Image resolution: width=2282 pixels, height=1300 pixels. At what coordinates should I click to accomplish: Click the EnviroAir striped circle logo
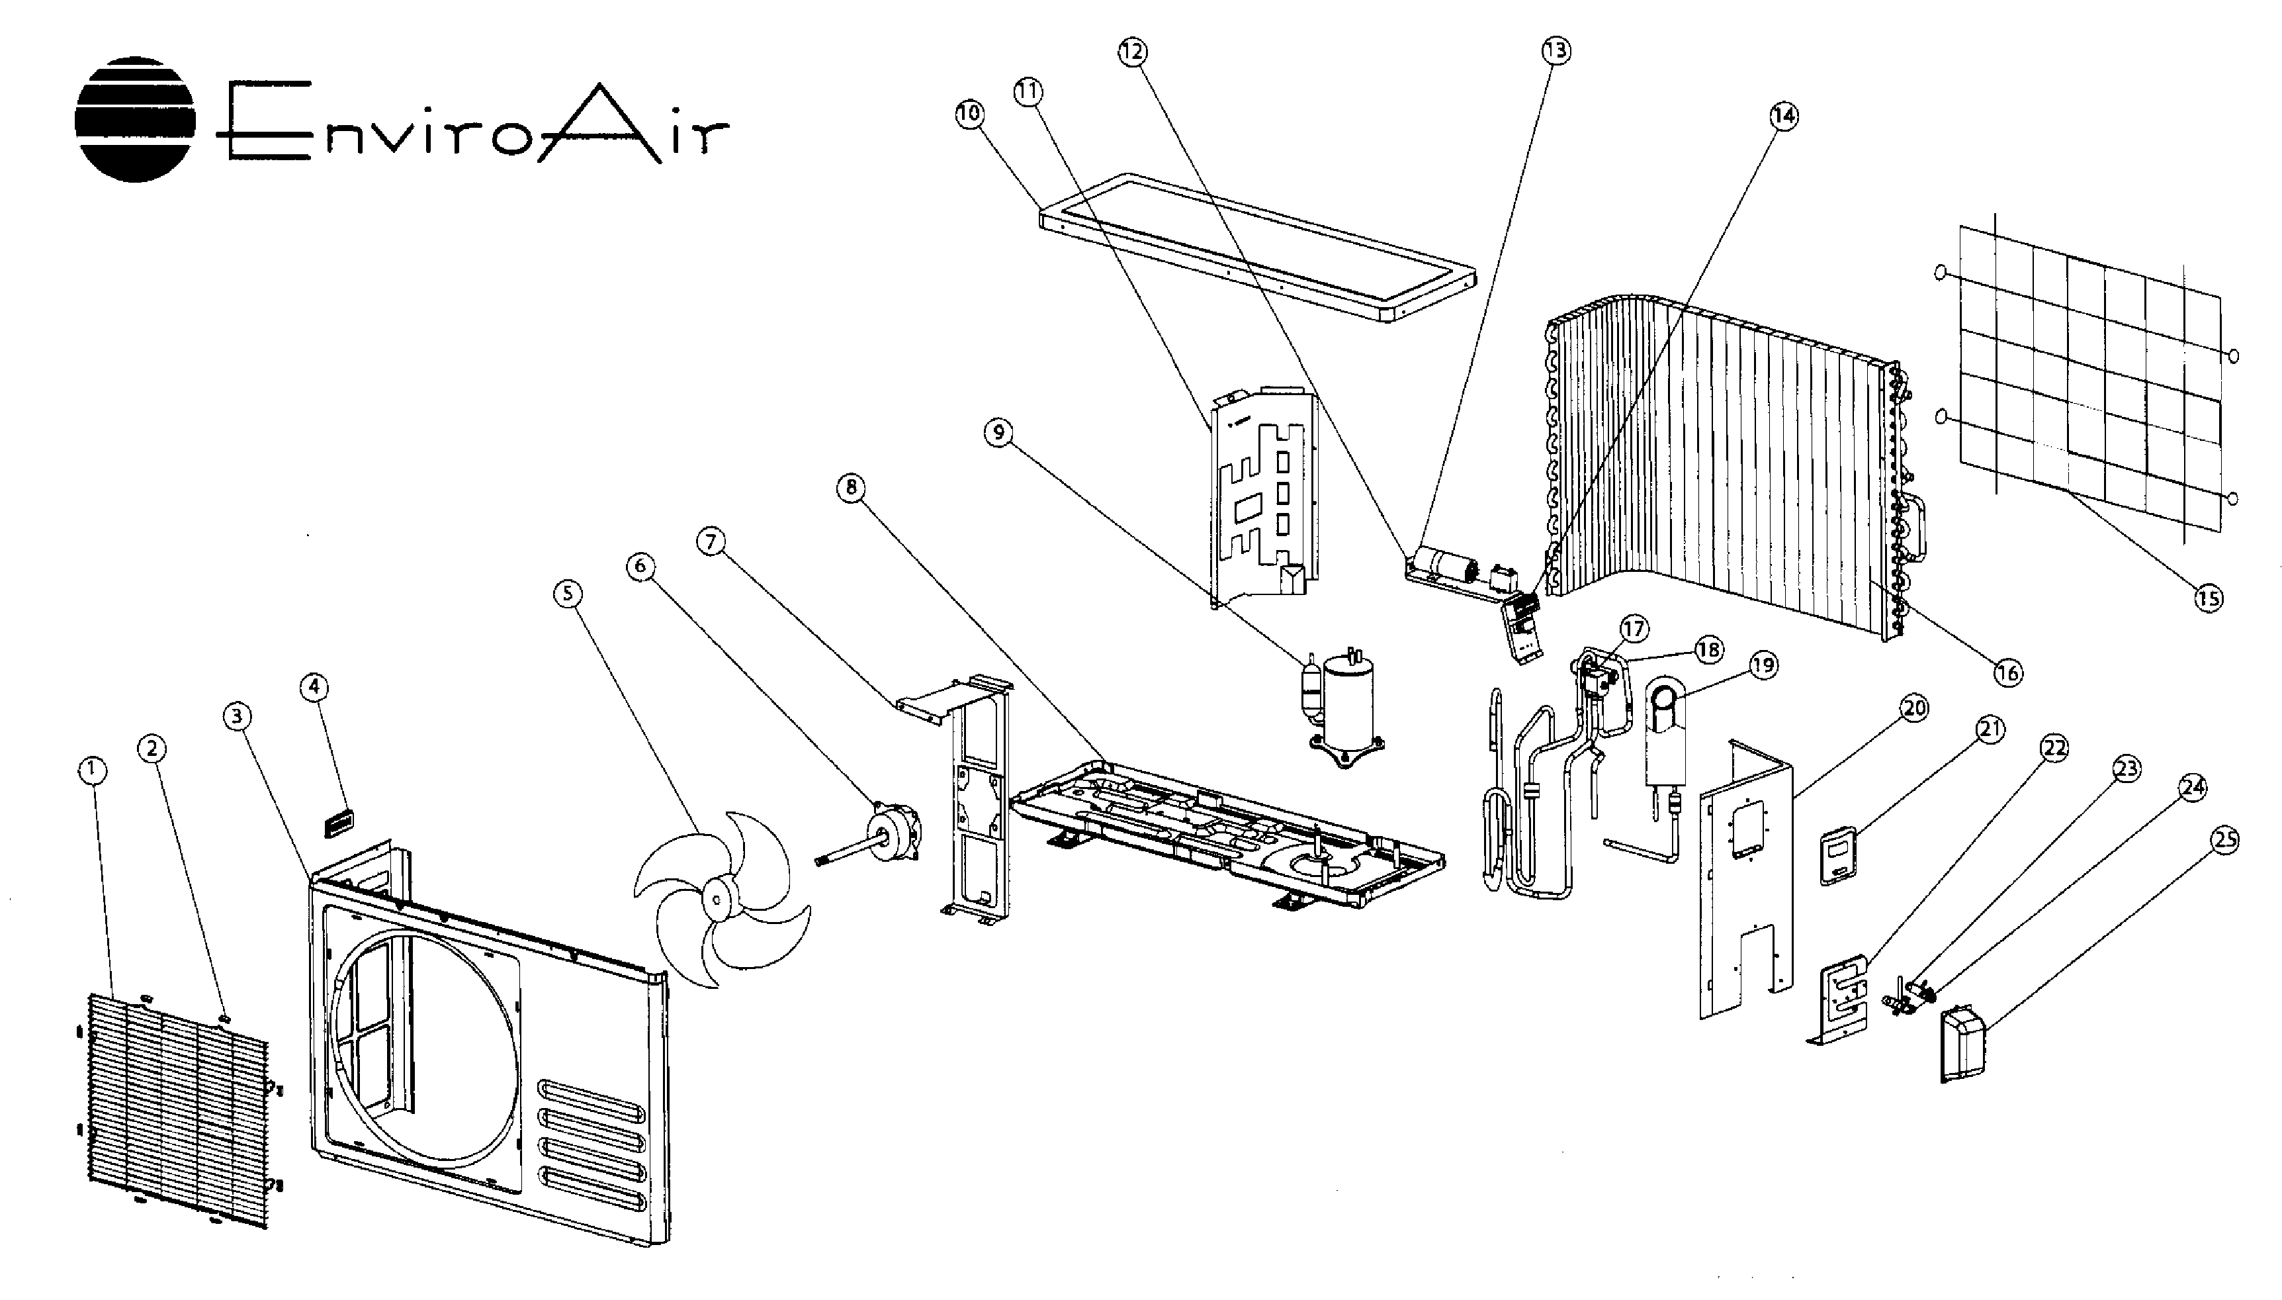[x=134, y=118]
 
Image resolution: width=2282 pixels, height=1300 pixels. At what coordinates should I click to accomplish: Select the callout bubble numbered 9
[x=998, y=433]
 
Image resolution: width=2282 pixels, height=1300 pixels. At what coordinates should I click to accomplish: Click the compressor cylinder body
[x=1348, y=702]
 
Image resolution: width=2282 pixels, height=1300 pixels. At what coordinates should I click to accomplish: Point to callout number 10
[x=969, y=113]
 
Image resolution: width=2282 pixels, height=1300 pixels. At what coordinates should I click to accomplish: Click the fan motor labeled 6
[x=893, y=829]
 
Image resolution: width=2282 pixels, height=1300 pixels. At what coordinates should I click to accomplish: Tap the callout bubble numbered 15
[x=2209, y=597]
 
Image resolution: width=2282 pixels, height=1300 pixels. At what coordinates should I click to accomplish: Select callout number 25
[x=2226, y=839]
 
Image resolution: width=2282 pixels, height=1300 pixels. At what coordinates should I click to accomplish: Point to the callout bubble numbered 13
[x=1556, y=51]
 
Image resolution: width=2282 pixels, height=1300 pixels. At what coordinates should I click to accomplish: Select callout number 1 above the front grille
[x=92, y=770]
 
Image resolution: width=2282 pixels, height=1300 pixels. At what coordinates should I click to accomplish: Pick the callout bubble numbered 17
[x=1634, y=629]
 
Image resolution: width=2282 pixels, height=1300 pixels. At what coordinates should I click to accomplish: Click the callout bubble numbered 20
[x=1913, y=708]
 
